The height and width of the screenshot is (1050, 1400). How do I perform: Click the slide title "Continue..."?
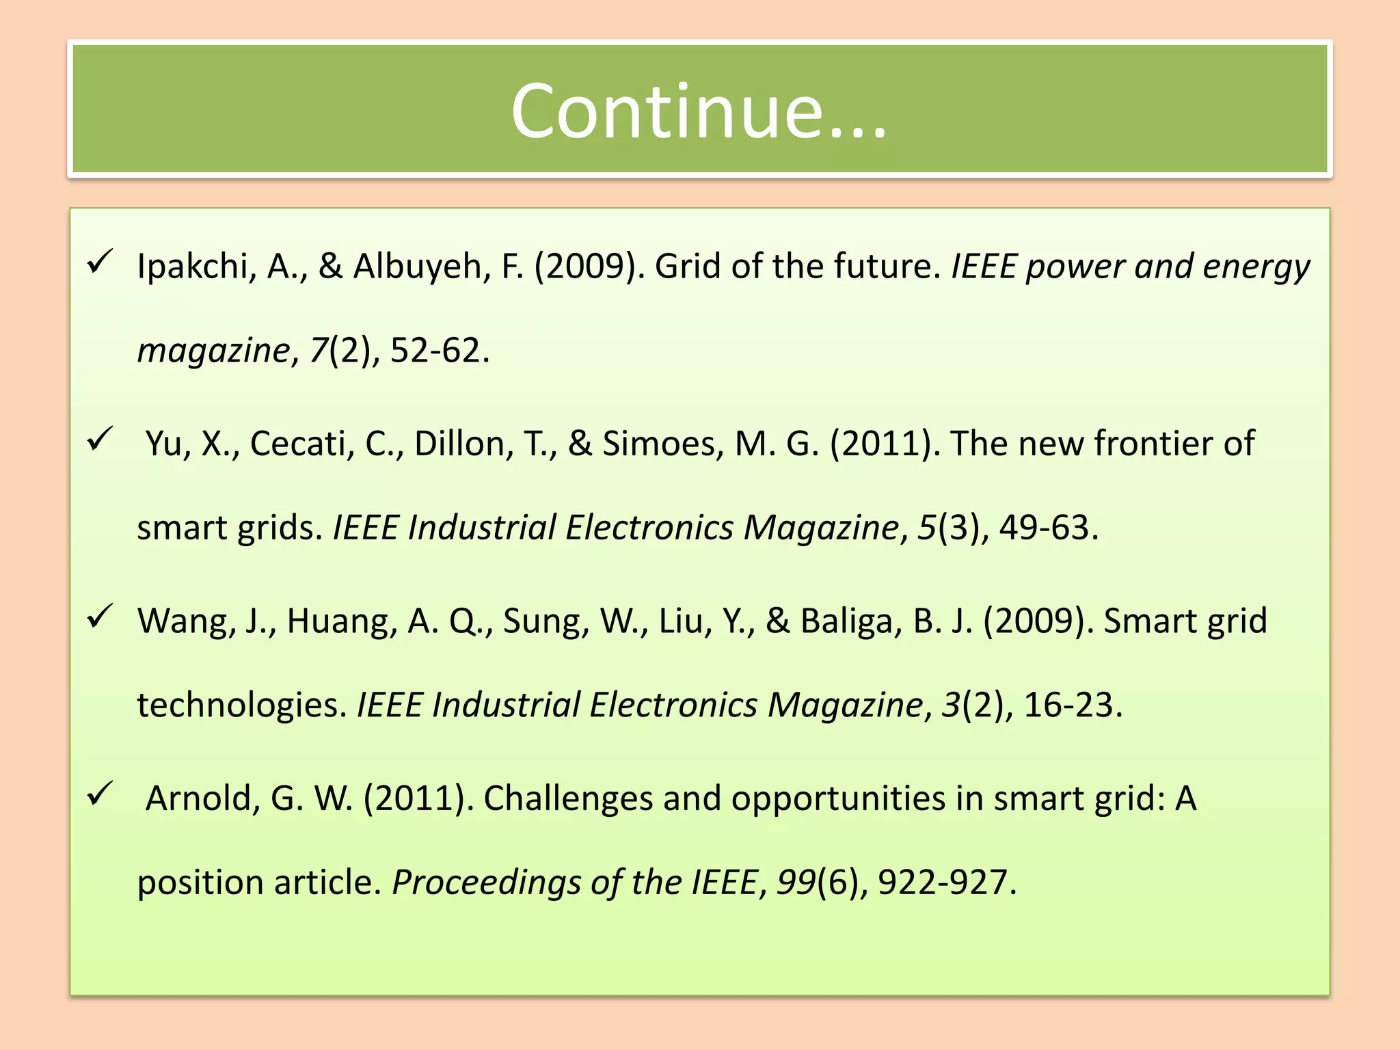[x=699, y=111]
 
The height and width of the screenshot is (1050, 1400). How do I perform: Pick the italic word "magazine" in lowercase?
[x=213, y=351]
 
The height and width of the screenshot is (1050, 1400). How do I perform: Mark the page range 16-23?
[x=1068, y=705]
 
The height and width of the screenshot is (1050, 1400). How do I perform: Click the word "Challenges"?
[x=568, y=798]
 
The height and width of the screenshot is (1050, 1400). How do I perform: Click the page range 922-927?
[x=943, y=883]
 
